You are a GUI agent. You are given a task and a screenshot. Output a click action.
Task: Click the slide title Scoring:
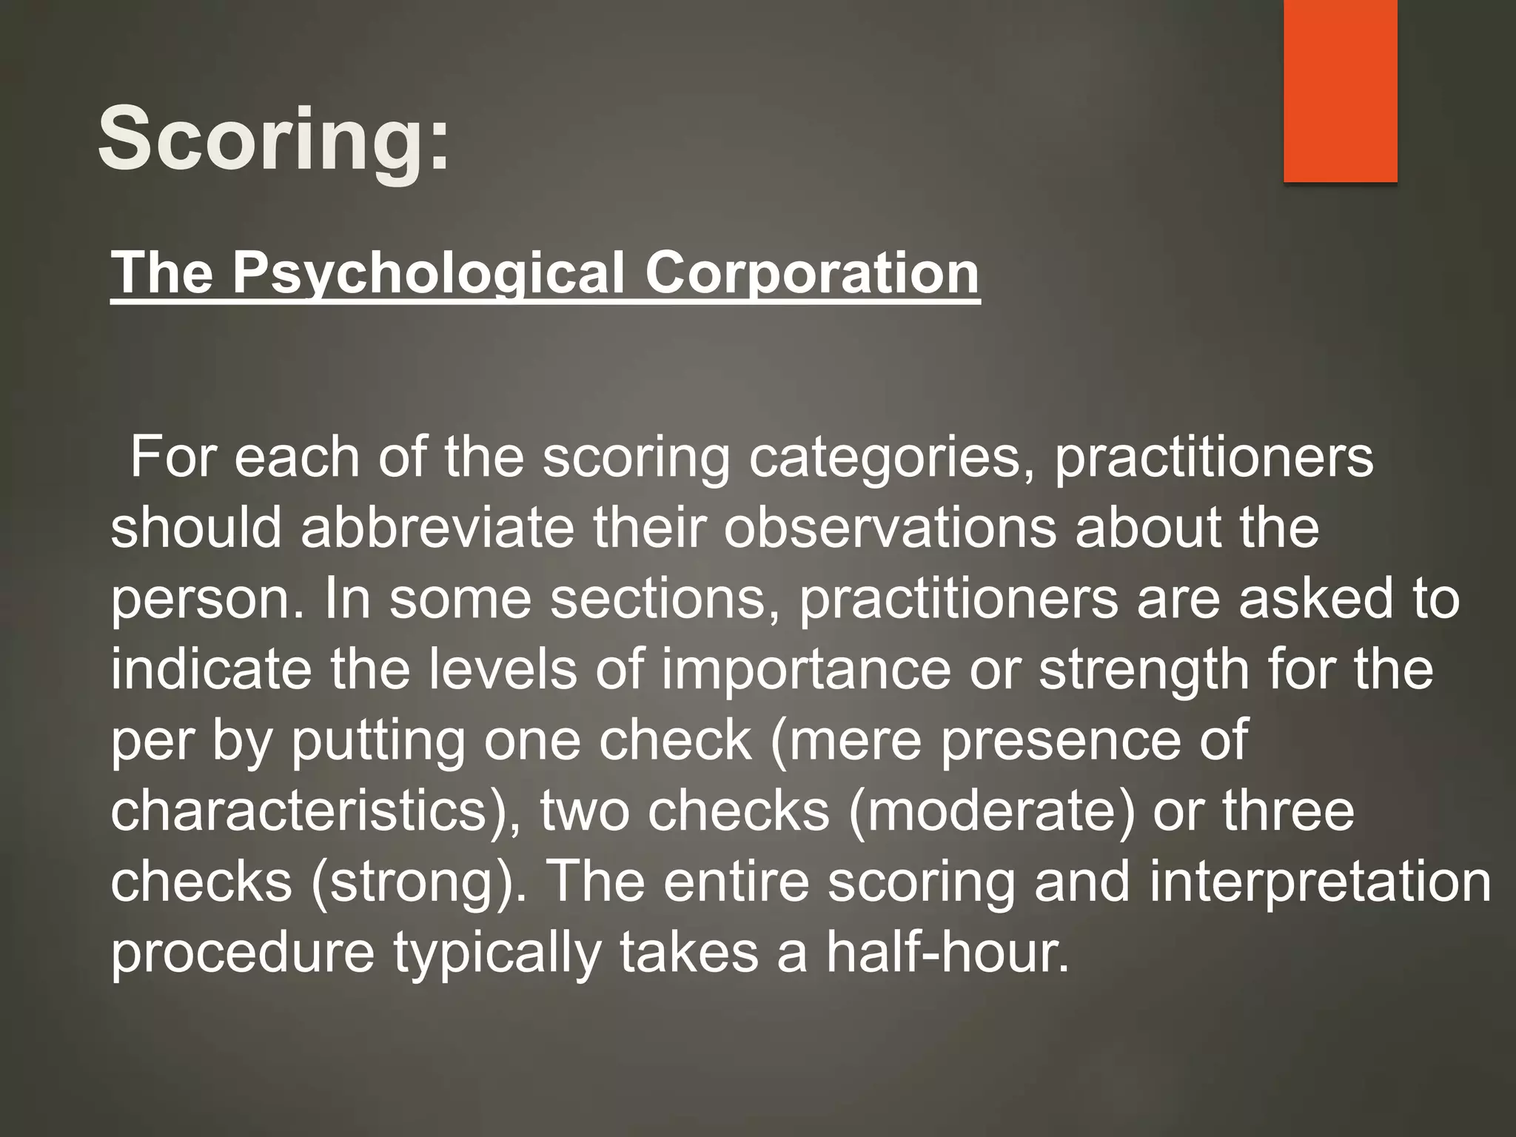pos(273,138)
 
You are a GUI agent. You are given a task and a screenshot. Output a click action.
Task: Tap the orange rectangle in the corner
pos(1340,90)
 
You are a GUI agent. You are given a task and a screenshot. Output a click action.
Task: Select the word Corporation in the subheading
pos(812,273)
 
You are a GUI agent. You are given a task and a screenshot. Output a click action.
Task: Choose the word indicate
pos(211,669)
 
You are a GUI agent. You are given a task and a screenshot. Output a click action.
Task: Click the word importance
pos(805,671)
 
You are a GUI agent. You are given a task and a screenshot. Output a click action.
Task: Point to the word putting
pos(378,742)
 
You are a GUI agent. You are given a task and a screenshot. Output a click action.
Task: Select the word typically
pos(496,953)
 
